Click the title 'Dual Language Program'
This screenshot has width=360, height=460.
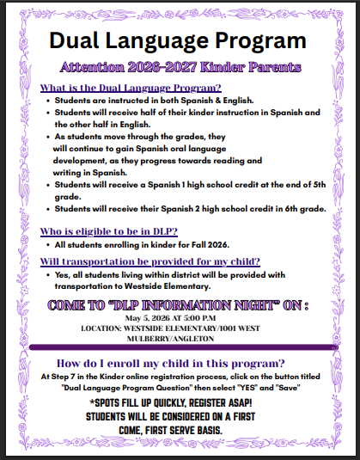point(177,40)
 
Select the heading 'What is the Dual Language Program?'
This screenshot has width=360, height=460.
point(131,89)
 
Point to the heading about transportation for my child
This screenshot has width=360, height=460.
point(150,261)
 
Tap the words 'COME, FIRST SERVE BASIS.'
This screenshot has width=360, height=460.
point(179,429)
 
